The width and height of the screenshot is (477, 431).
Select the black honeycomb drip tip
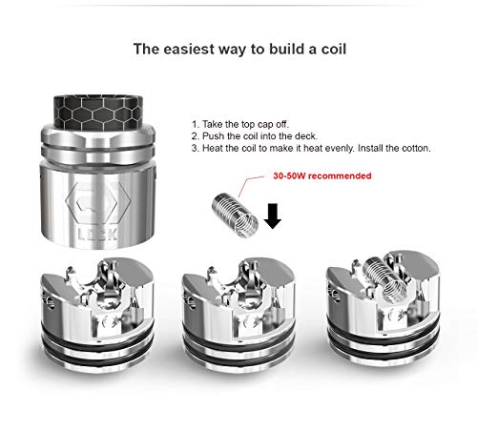97,113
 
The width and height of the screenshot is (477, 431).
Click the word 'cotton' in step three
412,149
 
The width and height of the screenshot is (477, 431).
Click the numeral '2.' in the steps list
196,136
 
